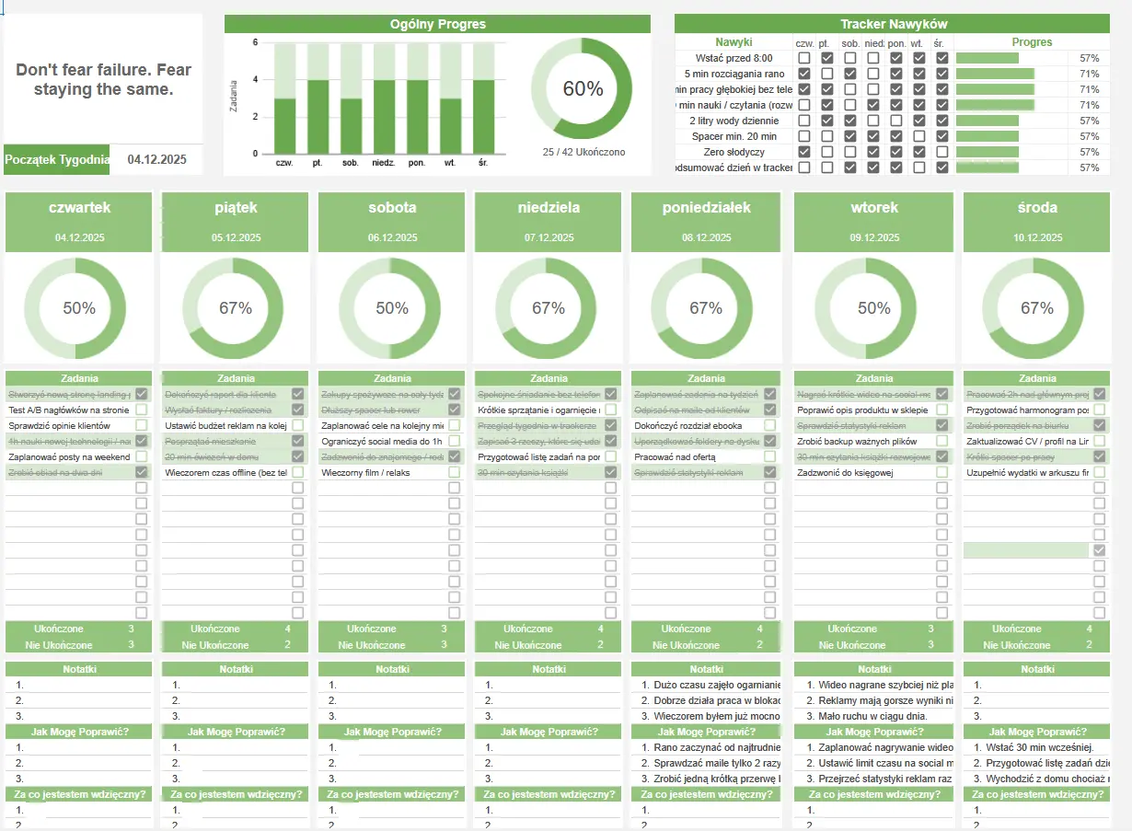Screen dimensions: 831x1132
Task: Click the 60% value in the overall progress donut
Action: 583,89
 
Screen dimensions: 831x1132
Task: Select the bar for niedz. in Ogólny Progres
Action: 384,117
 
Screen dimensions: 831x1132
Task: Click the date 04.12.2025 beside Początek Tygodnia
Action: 157,159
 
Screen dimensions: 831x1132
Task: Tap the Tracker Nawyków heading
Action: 893,24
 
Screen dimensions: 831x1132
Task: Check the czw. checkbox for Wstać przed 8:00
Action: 804,58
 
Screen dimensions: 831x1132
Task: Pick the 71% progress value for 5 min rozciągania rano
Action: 1090,74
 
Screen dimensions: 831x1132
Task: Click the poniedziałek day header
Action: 706,208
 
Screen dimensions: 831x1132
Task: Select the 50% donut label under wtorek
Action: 873,308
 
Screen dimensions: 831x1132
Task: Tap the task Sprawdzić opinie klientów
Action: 59,426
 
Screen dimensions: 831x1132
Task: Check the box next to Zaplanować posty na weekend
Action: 142,456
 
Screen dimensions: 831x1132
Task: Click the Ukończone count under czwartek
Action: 131,629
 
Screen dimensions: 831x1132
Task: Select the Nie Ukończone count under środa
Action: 1089,645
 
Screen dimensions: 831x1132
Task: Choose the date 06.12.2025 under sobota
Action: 393,237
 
